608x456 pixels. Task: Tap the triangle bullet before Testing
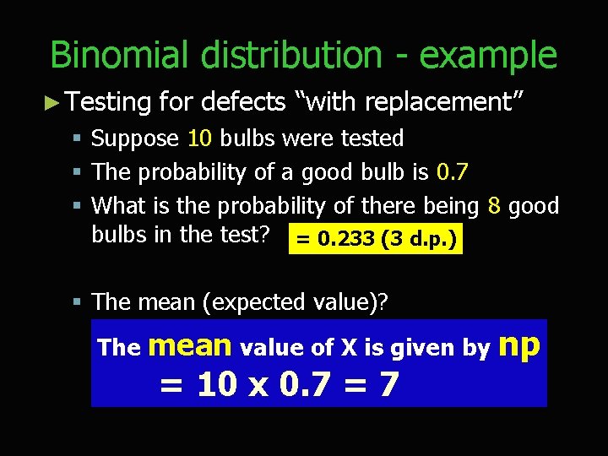click(x=52, y=103)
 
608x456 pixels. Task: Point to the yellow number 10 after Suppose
click(x=199, y=138)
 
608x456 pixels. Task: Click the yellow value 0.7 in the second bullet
click(x=452, y=172)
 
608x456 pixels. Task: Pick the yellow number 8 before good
click(x=496, y=206)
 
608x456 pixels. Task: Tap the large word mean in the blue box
click(x=191, y=345)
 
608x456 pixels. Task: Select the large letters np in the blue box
click(x=519, y=345)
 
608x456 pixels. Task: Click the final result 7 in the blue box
click(x=388, y=385)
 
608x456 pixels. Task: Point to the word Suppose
click(x=135, y=138)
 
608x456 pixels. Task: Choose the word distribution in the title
click(x=290, y=56)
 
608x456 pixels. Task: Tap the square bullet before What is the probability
click(x=77, y=206)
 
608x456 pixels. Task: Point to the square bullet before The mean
click(x=77, y=301)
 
